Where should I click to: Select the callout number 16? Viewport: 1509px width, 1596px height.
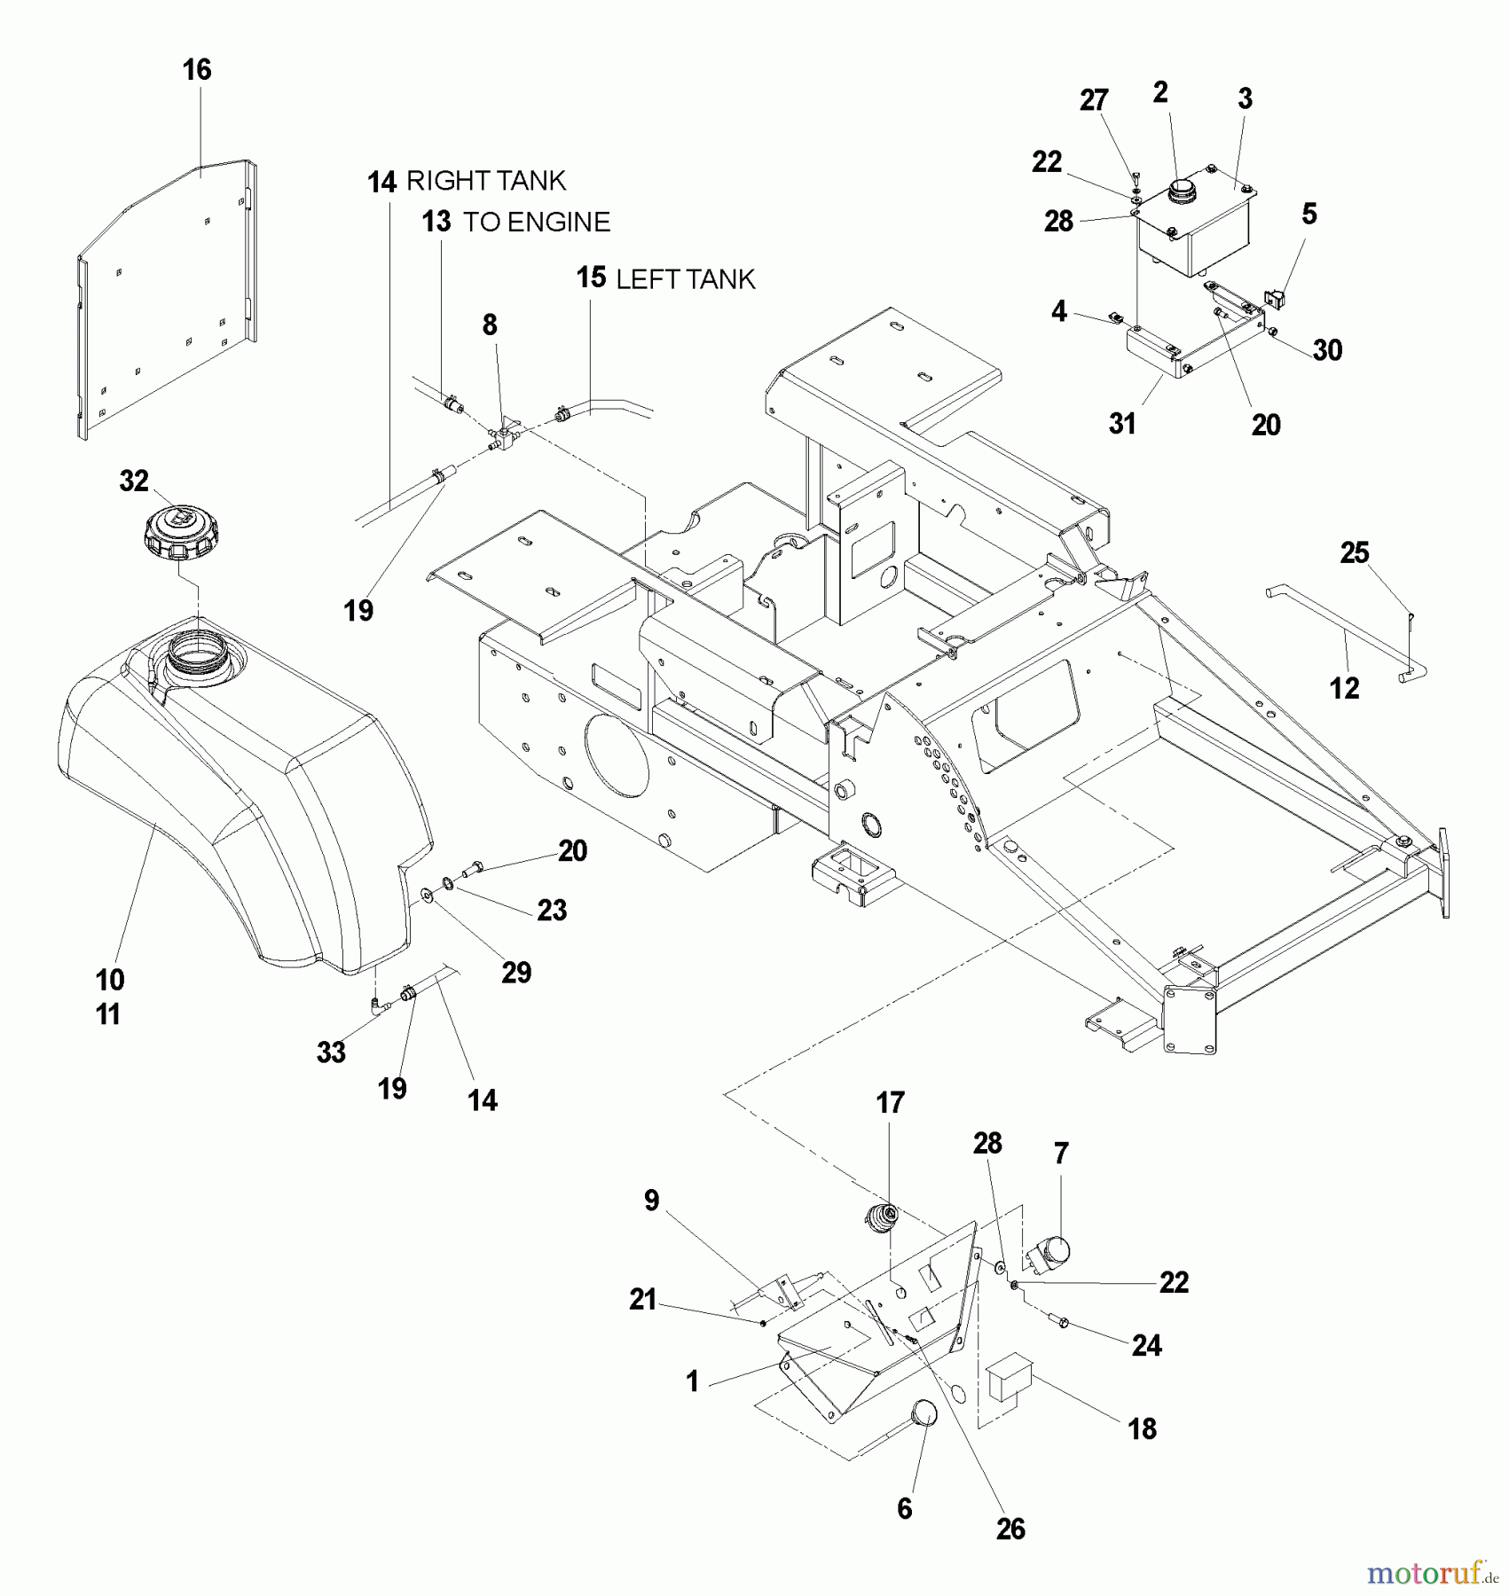click(197, 70)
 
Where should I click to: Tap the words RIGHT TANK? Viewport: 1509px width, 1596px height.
click(485, 181)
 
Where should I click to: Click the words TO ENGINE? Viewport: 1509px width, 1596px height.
click(537, 222)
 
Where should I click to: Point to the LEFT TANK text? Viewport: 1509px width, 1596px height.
click(685, 279)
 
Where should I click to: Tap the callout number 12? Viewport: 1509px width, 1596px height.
click(1344, 688)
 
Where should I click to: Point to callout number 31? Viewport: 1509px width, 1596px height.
click(1122, 424)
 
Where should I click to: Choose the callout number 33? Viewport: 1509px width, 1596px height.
click(331, 1052)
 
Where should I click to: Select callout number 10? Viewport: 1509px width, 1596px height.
click(110, 980)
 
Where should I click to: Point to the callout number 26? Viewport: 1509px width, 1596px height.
click(1010, 1529)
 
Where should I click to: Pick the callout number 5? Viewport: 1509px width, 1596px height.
click(1309, 214)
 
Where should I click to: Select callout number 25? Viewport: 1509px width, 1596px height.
click(1355, 553)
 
